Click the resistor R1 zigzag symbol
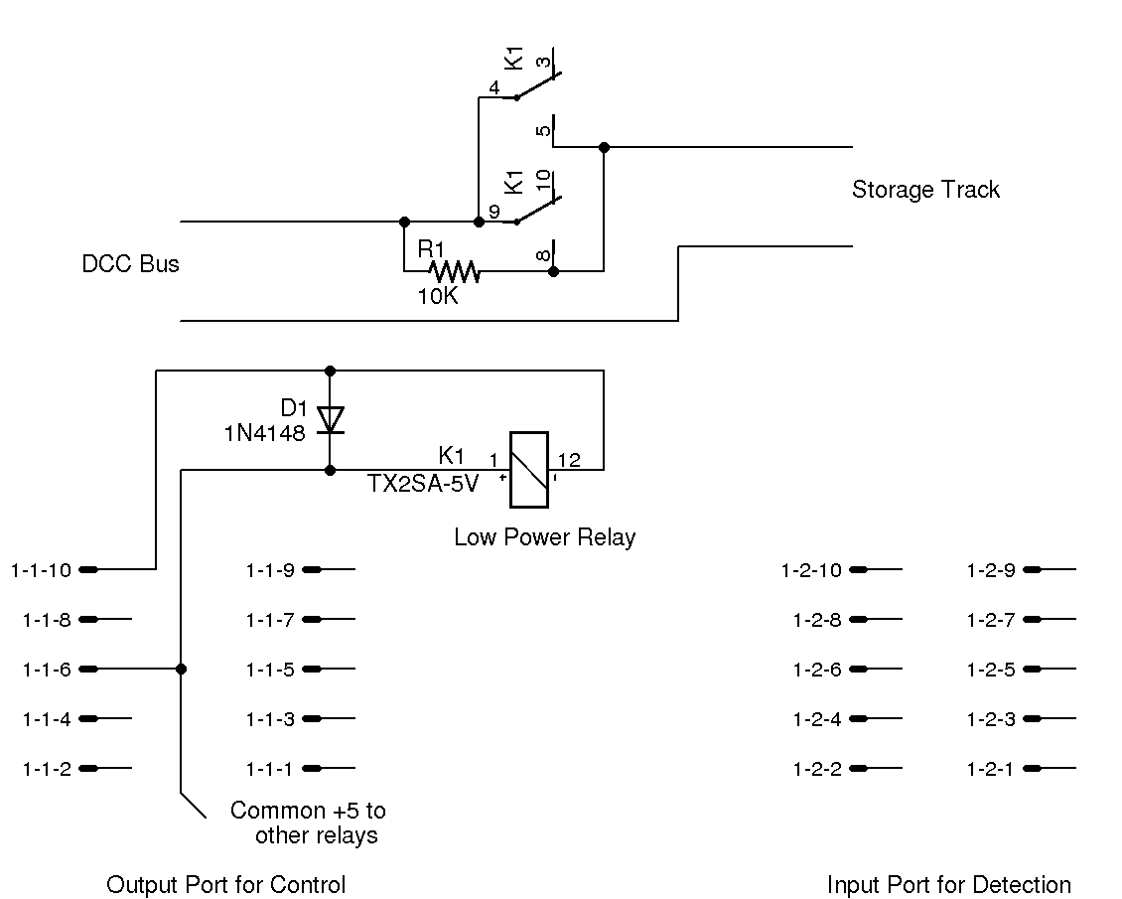[x=454, y=270]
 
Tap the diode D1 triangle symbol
[x=330, y=418]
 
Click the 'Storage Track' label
[x=925, y=190]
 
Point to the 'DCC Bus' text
[x=130, y=264]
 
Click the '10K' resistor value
[x=438, y=296]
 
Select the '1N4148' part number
[x=265, y=433]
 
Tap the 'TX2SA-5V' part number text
[x=423, y=484]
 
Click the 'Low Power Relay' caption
[x=544, y=537]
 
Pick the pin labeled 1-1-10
[x=88, y=569]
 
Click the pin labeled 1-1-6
[x=88, y=669]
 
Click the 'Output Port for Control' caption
[x=225, y=884]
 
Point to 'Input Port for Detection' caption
[x=948, y=884]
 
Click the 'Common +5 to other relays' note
[x=309, y=823]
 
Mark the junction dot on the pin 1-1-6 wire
[x=181, y=669]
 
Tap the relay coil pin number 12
[x=569, y=459]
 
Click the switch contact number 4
[x=494, y=86]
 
